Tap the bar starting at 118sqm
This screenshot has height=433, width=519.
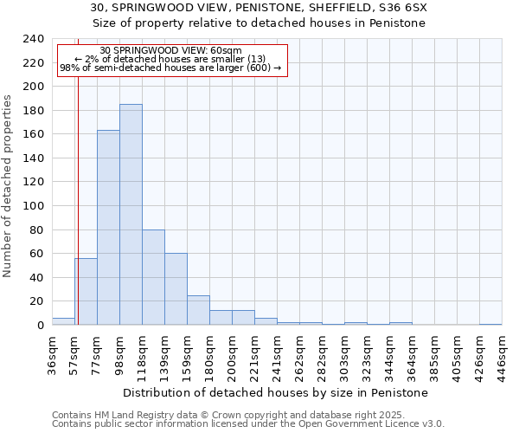(153, 277)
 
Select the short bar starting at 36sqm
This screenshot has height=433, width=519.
(63, 321)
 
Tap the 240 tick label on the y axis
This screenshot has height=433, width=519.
(34, 39)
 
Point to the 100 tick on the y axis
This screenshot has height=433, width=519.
(34, 206)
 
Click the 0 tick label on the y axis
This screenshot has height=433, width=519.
(40, 325)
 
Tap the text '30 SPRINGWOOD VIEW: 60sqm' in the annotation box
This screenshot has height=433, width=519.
(170, 50)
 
